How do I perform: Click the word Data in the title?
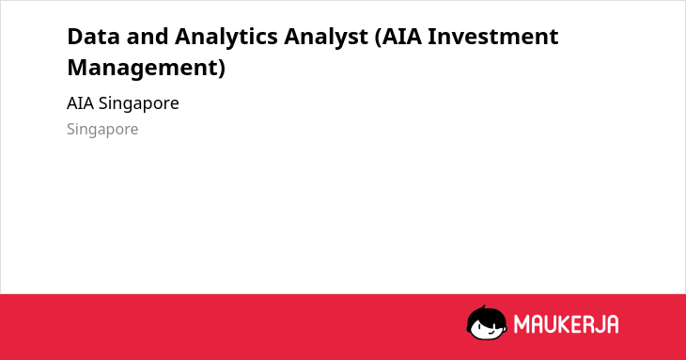click(x=93, y=37)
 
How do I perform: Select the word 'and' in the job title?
click(x=147, y=37)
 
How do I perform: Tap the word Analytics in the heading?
click(x=226, y=38)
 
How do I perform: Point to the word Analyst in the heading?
click(x=325, y=38)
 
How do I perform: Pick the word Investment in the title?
click(x=492, y=37)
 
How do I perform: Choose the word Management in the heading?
click(x=142, y=69)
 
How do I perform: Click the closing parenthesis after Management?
click(x=222, y=69)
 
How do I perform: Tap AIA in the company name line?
click(x=80, y=103)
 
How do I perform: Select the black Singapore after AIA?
click(x=139, y=104)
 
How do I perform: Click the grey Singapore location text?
click(x=102, y=130)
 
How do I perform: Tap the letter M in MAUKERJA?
click(x=522, y=324)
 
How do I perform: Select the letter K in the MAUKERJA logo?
click(x=563, y=324)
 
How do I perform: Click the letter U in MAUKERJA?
click(x=549, y=324)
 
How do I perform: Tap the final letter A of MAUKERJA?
click(x=612, y=324)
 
